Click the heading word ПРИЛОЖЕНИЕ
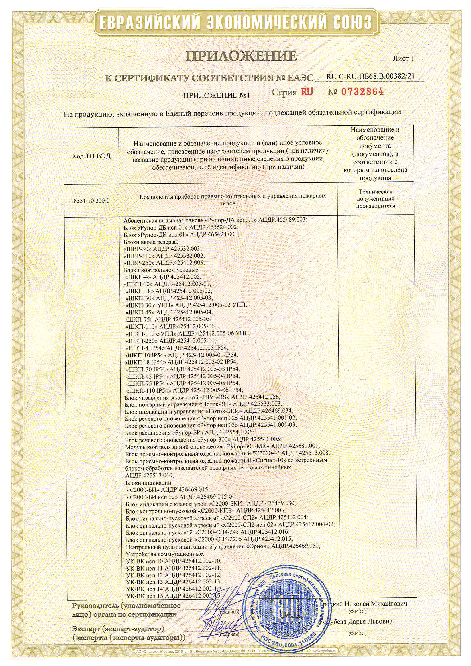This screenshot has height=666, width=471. coord(241,56)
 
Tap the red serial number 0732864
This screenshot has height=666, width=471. coord(362,92)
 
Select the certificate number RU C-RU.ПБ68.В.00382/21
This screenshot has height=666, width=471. coord(370,77)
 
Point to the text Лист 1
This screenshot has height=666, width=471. coord(403,58)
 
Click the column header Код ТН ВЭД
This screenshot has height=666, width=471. coord(91,156)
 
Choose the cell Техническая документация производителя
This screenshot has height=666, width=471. coord(376,199)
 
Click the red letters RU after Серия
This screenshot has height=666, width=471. coord(307,92)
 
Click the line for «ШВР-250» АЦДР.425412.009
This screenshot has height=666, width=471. coord(164,263)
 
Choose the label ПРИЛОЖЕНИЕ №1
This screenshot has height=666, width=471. coord(217,95)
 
